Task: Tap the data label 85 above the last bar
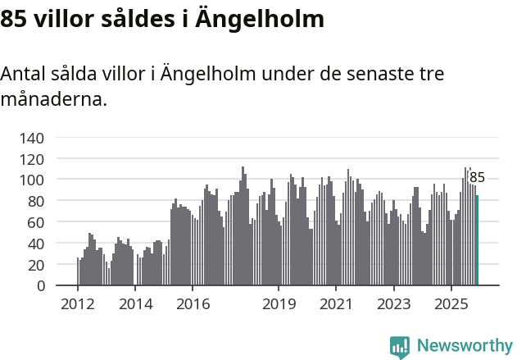[477, 177]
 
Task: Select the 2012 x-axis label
[78, 304]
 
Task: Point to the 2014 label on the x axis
[135, 304]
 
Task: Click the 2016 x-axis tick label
[193, 304]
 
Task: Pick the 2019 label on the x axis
[279, 304]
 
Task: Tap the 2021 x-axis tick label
[336, 304]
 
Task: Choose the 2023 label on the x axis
[393, 304]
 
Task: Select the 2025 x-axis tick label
[451, 304]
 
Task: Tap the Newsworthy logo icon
[400, 347]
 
